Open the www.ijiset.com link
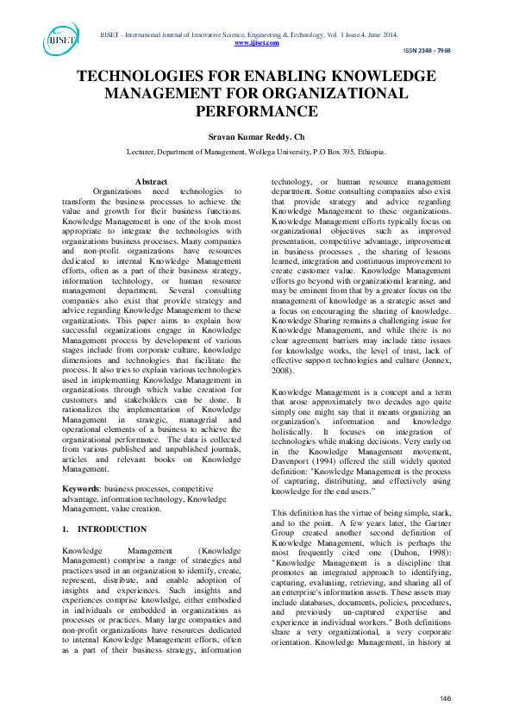point(256,41)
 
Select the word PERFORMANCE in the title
point(256,111)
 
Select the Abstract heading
point(152,181)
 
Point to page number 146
point(446,698)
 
